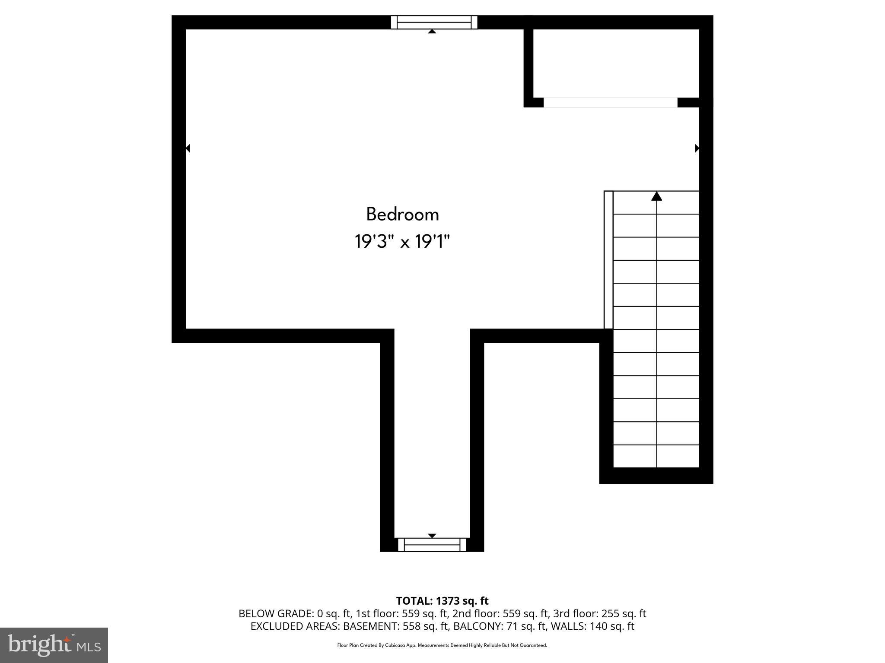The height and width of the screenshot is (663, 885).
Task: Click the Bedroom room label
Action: click(x=402, y=215)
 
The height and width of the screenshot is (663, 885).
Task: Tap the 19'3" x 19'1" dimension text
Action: click(x=402, y=242)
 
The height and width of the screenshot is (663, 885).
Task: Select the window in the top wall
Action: click(x=434, y=22)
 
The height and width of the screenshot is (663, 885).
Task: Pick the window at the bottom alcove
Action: click(x=432, y=545)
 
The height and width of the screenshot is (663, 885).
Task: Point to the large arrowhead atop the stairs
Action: click(x=656, y=196)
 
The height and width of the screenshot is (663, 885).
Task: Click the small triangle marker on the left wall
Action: click(x=188, y=148)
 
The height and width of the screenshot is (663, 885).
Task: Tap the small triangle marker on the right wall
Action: click(x=697, y=148)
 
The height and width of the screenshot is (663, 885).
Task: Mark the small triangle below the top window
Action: click(x=432, y=32)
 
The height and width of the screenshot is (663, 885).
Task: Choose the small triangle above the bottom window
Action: click(x=432, y=536)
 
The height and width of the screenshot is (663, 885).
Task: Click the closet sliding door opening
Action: click(x=610, y=103)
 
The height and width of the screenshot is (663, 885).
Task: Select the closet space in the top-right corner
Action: click(x=616, y=63)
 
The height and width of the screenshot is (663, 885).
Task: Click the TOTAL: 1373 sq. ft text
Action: click(x=442, y=601)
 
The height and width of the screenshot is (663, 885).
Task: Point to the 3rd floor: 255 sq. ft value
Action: click(x=599, y=613)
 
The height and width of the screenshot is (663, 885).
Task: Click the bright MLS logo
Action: click(x=54, y=645)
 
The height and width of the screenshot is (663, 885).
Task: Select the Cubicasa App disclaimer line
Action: click(x=442, y=645)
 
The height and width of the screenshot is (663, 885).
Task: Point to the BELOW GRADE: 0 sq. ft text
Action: click(x=294, y=613)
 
